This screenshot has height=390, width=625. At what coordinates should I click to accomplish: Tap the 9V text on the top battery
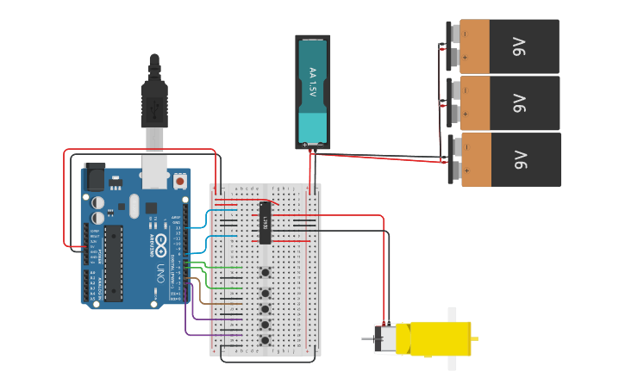(x=519, y=46)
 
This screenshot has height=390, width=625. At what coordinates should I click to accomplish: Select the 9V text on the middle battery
(x=519, y=103)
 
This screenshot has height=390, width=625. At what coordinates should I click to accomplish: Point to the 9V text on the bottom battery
(x=519, y=160)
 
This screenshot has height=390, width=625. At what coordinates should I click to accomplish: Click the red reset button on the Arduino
(x=179, y=182)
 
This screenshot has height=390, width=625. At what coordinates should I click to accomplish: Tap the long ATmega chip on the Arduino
(x=113, y=263)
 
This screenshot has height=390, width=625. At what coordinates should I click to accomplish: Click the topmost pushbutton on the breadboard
(x=266, y=273)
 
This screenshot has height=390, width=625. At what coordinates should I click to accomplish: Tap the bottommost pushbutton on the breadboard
(x=266, y=342)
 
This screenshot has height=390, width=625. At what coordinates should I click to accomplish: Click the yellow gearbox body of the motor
(x=440, y=338)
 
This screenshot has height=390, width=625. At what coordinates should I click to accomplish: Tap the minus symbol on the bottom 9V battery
(x=466, y=147)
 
